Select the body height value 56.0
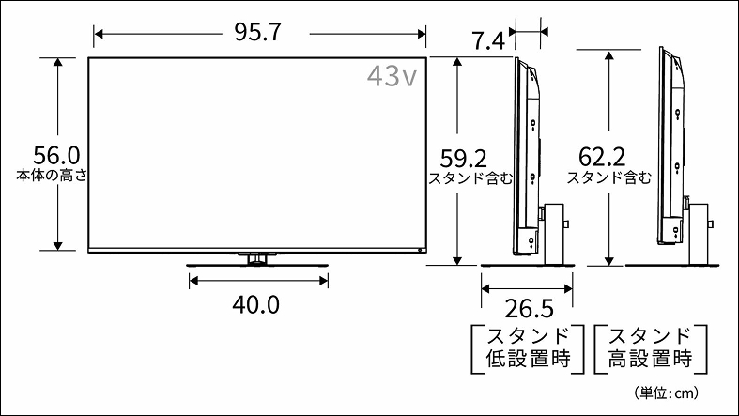tap(56, 153)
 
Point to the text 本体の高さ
tap(53, 175)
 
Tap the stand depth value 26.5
tap(525, 309)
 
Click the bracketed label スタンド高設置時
tap(650, 347)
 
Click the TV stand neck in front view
tap(256, 259)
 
